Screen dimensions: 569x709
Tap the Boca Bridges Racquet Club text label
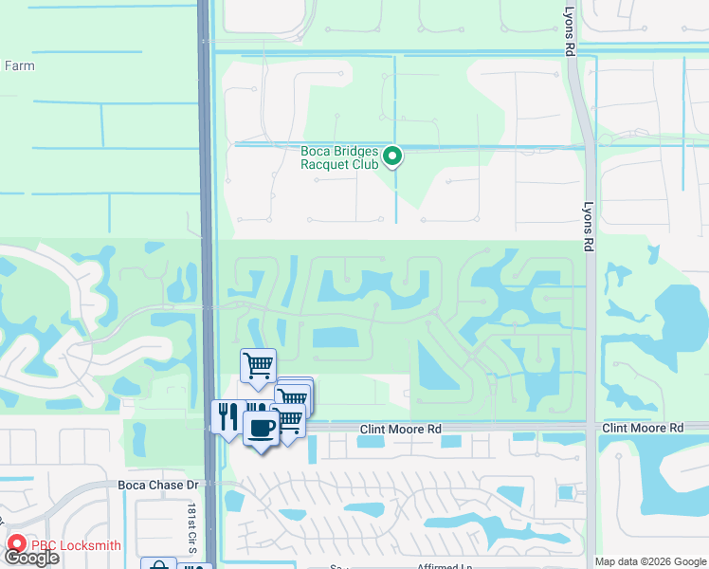339,157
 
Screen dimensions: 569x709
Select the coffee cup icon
262,427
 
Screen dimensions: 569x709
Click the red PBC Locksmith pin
17,545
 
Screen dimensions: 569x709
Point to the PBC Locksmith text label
76,545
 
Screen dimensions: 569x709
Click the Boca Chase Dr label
158,485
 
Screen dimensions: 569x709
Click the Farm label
20,66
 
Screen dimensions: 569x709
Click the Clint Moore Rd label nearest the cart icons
401,430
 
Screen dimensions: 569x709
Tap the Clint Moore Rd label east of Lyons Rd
643,429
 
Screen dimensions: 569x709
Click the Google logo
31,558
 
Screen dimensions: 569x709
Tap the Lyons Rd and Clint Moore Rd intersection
591,428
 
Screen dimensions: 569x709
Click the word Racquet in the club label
326,164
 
